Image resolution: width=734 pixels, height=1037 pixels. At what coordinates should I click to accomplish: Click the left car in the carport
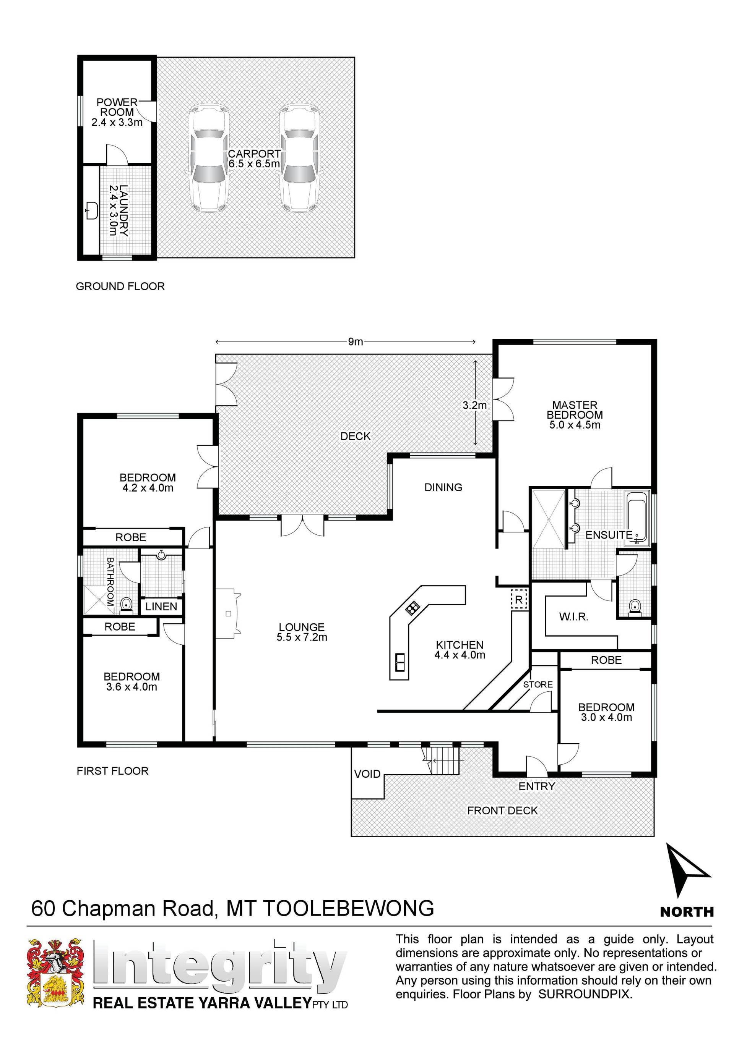(x=208, y=158)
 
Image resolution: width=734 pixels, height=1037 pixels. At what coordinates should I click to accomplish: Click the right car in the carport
(x=300, y=158)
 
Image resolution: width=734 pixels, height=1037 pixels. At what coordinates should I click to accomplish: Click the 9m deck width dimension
(x=346, y=341)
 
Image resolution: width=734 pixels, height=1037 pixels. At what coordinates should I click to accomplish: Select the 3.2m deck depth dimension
(x=476, y=403)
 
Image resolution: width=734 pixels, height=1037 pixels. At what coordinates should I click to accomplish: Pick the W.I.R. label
(x=573, y=616)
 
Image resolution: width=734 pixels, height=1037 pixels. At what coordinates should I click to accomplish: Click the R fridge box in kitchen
(x=519, y=600)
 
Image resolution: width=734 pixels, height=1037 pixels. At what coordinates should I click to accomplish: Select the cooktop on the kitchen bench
(x=412, y=608)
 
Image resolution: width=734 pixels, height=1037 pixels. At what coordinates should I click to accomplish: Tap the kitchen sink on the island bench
(x=400, y=663)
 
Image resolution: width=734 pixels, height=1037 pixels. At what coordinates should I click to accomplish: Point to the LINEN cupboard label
(x=161, y=607)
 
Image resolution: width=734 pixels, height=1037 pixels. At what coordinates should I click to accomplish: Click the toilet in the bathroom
(x=127, y=605)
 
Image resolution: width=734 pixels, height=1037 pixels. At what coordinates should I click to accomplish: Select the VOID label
(x=367, y=774)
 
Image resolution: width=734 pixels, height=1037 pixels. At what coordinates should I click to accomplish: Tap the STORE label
(x=538, y=684)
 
